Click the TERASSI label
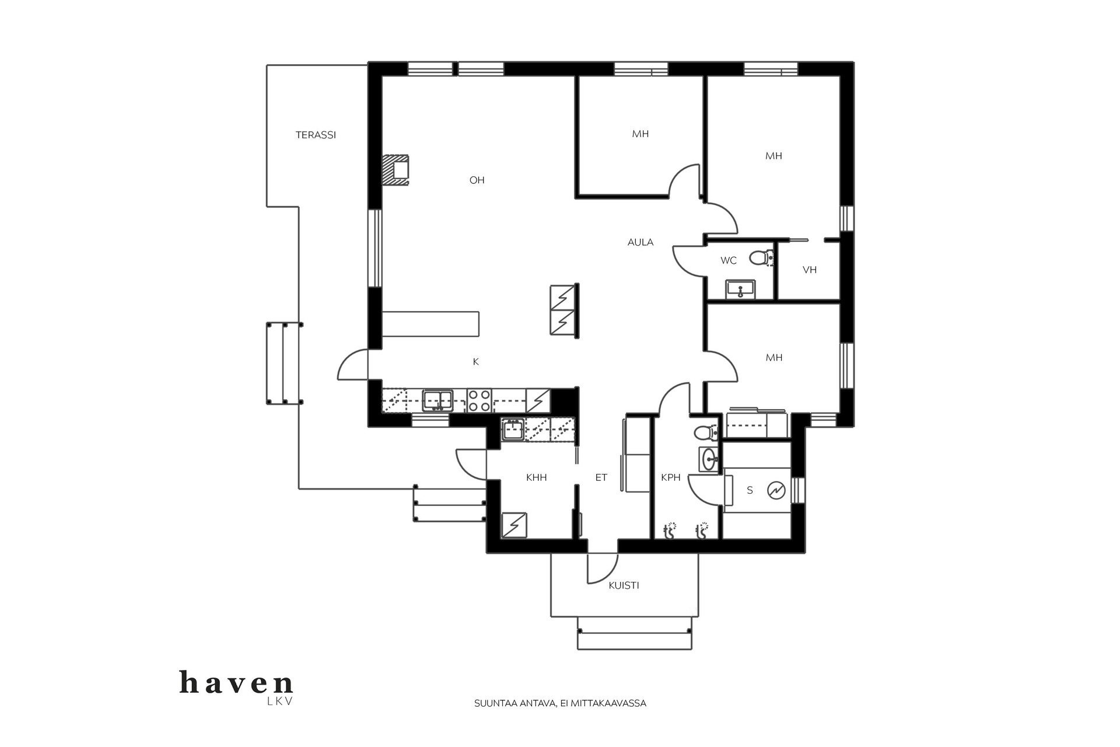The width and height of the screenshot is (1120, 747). click(x=316, y=135)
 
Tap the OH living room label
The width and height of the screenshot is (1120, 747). click(x=477, y=180)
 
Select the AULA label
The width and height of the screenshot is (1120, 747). click(x=640, y=242)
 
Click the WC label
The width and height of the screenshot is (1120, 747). click(x=728, y=261)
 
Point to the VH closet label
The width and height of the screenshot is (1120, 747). click(x=809, y=270)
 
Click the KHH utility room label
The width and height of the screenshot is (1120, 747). click(x=536, y=477)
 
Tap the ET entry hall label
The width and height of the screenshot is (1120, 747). click(x=601, y=477)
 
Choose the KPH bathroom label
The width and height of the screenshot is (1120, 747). click(x=670, y=477)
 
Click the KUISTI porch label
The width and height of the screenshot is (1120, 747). click(x=624, y=585)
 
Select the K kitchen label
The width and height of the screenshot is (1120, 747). click(x=475, y=362)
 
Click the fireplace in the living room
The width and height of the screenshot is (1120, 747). click(x=396, y=170)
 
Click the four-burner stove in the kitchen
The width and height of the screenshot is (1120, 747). click(x=478, y=401)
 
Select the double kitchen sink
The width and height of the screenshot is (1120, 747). click(x=437, y=400)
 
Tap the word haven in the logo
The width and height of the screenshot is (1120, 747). click(x=236, y=683)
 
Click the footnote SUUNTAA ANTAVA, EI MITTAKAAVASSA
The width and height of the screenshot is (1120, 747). click(x=560, y=703)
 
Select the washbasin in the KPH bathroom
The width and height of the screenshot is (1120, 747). click(x=709, y=459)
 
